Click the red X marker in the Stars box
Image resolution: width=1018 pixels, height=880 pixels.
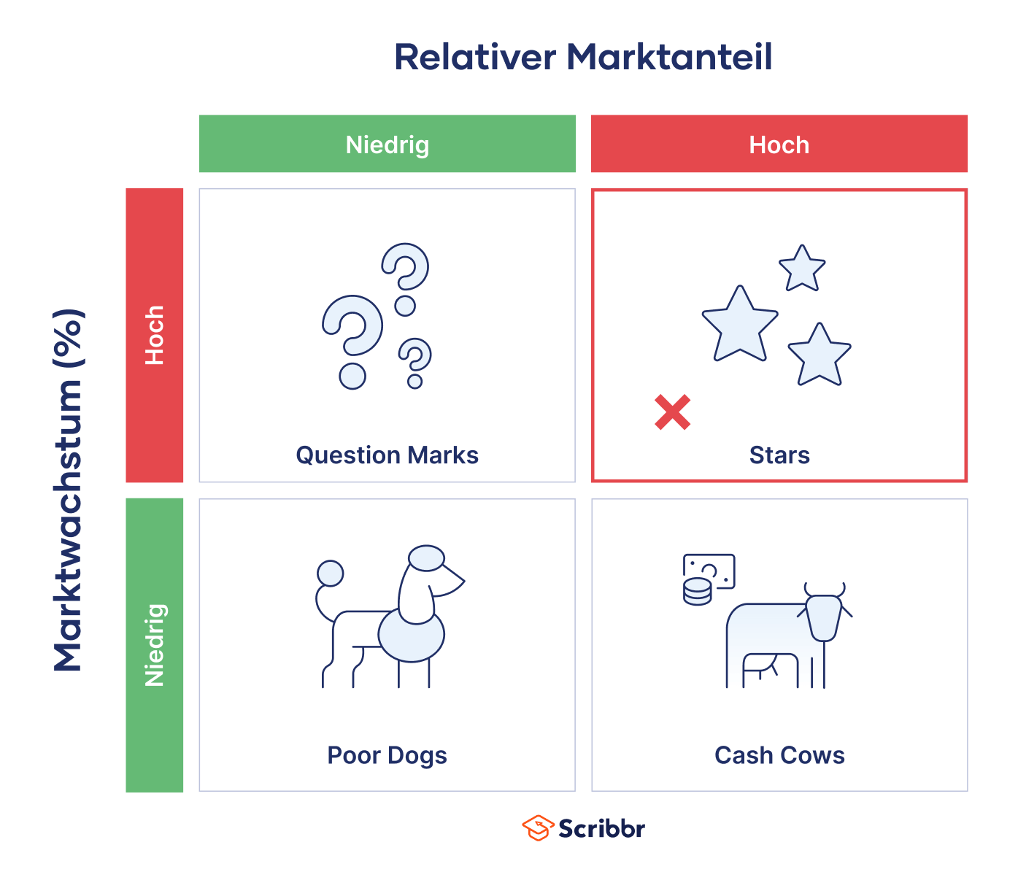(x=672, y=412)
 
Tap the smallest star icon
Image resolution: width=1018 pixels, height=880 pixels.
(x=802, y=269)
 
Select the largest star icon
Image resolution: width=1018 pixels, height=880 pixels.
(x=740, y=325)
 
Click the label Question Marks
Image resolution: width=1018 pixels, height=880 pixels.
(x=387, y=455)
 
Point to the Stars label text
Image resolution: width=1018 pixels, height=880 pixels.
(x=779, y=455)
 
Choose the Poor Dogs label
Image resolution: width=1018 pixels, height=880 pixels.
(x=387, y=756)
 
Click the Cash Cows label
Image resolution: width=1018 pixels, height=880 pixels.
(x=779, y=755)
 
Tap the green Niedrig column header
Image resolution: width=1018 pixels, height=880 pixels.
(x=387, y=144)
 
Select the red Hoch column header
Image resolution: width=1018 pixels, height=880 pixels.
(x=779, y=144)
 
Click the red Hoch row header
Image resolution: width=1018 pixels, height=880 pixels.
(x=154, y=335)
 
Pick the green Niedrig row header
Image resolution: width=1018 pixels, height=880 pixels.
(x=154, y=645)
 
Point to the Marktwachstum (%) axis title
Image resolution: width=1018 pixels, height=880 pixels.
(x=68, y=490)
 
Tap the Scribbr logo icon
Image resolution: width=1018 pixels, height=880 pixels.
(x=538, y=827)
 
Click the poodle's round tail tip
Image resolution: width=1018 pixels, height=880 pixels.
(x=330, y=574)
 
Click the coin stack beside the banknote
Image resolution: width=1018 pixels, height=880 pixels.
(x=697, y=592)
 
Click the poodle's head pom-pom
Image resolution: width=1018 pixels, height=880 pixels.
(x=426, y=558)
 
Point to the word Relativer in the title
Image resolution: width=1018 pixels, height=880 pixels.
(x=475, y=57)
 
